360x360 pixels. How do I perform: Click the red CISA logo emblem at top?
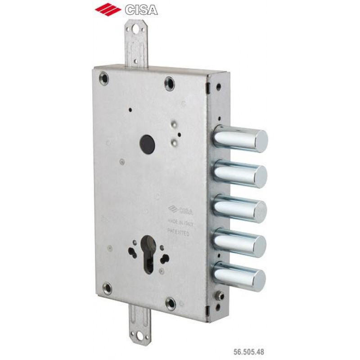coord(108,9)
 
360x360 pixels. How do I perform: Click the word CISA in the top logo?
coord(141,10)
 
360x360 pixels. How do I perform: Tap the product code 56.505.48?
coord(249,351)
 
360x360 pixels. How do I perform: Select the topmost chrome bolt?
coord(241,138)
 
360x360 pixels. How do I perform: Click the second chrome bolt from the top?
coord(241,174)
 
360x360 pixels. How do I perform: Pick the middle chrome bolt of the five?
coord(240,208)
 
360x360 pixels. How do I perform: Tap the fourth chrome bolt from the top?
coord(240,243)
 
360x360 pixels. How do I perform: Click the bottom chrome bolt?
coord(239,276)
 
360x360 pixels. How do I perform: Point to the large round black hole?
coord(148,144)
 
